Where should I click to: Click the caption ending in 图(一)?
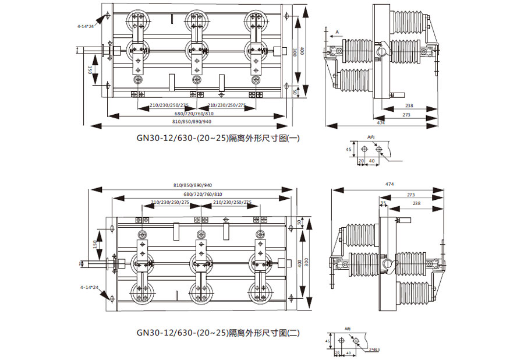tap(218, 139)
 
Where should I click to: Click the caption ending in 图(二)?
tap(218, 333)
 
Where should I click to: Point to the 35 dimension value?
tap(383, 203)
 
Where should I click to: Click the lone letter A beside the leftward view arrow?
tap(337, 31)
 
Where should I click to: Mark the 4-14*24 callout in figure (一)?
tap(85, 26)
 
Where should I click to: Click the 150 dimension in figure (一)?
tap(90, 70)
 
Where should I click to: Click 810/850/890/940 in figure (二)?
tap(193, 185)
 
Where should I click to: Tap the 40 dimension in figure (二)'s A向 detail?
tap(348, 353)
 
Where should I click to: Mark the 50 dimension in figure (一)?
tap(295, 91)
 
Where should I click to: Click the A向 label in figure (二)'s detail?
tap(348, 329)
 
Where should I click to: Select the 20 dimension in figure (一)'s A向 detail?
tap(360, 160)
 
